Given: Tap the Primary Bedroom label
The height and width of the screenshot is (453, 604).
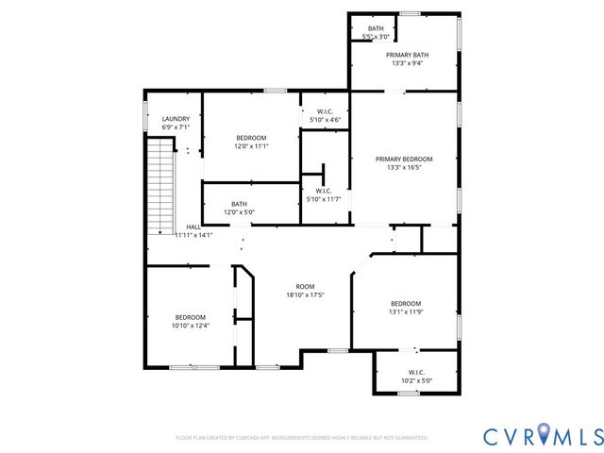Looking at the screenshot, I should pyautogui.click(x=404, y=159).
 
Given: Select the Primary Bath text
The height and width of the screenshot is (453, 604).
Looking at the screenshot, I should pyautogui.click(x=407, y=56).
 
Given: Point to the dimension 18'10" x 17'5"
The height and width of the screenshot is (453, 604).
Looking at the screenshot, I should pyautogui.click(x=305, y=295).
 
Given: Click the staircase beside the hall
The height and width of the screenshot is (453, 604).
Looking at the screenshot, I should pyautogui.click(x=162, y=186).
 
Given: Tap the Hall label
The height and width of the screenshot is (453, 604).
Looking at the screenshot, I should pyautogui.click(x=193, y=226).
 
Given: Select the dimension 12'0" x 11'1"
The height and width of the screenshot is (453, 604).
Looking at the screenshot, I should pyautogui.click(x=251, y=146).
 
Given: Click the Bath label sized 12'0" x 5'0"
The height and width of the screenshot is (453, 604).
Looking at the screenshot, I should pyautogui.click(x=239, y=204).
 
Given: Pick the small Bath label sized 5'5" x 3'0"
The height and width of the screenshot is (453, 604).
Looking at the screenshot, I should pyautogui.click(x=376, y=29).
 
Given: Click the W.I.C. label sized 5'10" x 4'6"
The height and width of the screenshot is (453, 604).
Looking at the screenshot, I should pyautogui.click(x=324, y=112).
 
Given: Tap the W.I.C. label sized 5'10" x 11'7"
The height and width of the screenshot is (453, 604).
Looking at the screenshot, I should pyautogui.click(x=324, y=191).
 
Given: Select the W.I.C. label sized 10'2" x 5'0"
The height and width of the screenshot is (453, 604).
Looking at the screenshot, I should pyautogui.click(x=416, y=372).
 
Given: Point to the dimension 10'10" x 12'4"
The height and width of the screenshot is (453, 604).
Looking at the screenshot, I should pyautogui.click(x=189, y=326).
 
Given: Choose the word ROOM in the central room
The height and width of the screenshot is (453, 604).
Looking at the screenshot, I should pyautogui.click(x=305, y=287).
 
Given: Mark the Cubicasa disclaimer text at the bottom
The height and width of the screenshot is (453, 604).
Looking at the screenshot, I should pyautogui.click(x=302, y=438).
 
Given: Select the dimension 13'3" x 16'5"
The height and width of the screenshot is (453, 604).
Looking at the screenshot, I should pyautogui.click(x=404, y=167).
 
